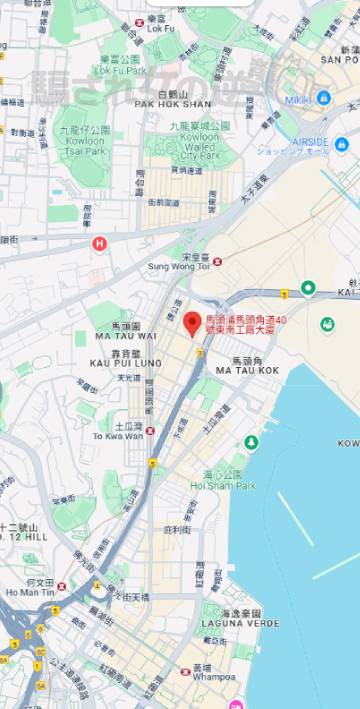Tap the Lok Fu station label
160,29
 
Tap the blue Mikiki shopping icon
322,99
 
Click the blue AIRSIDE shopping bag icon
341,144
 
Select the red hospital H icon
99,243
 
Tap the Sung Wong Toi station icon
218,262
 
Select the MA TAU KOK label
243,370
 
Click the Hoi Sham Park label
223,486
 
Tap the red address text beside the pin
246,324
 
